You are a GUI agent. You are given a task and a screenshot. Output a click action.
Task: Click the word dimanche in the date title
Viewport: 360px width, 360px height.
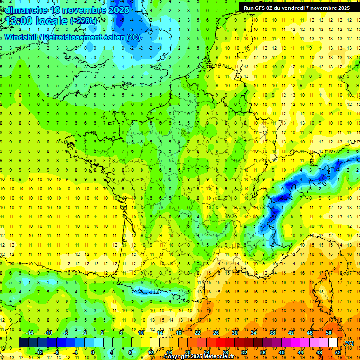(27, 10)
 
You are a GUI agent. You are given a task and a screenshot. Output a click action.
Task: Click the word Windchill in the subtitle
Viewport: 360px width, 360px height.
(24, 37)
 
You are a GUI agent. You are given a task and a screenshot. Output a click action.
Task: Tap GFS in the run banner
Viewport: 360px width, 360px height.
(261, 8)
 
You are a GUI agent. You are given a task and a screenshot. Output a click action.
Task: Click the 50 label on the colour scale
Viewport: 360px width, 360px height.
(329, 333)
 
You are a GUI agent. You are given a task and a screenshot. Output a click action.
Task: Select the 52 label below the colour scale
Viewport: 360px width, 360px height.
(338, 352)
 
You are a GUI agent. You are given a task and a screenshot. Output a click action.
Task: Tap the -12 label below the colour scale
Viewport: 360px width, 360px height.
(38, 352)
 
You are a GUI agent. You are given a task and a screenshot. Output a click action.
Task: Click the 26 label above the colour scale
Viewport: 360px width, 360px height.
(216, 333)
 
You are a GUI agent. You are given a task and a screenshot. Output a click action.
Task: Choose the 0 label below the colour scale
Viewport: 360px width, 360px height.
(93, 352)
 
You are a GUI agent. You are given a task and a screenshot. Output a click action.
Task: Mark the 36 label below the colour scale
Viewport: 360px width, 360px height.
(262, 352)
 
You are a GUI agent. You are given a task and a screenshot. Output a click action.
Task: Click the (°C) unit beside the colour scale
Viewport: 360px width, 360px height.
(349, 343)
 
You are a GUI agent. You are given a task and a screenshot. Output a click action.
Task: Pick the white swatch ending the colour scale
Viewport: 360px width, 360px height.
(333, 343)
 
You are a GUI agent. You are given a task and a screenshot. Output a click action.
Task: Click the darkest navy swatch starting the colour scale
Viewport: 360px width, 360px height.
(24, 343)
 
